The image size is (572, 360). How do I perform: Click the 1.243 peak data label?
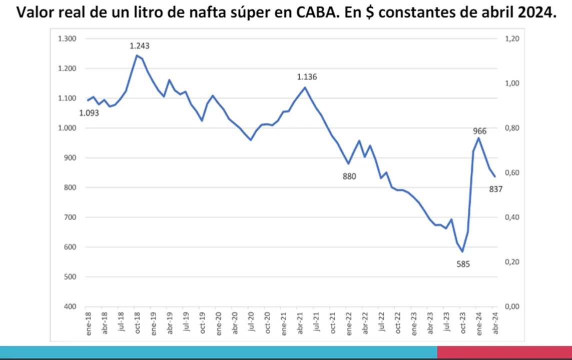tap(140, 46)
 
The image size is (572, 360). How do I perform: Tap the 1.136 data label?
tap(307, 77)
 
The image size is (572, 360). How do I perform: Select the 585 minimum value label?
tap(463, 264)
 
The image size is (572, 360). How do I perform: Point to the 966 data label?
tap(480, 131)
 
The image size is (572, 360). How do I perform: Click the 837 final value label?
tap(495, 189)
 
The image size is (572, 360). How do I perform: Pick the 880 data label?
tap(349, 176)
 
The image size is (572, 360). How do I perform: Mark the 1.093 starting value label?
tap(89, 113)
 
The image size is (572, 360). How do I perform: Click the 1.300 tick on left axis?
tap(67, 39)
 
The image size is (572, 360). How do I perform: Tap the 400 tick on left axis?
tap(71, 306)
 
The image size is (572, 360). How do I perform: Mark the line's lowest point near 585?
tap(463, 251)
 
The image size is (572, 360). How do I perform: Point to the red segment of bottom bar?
tap(504, 352)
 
